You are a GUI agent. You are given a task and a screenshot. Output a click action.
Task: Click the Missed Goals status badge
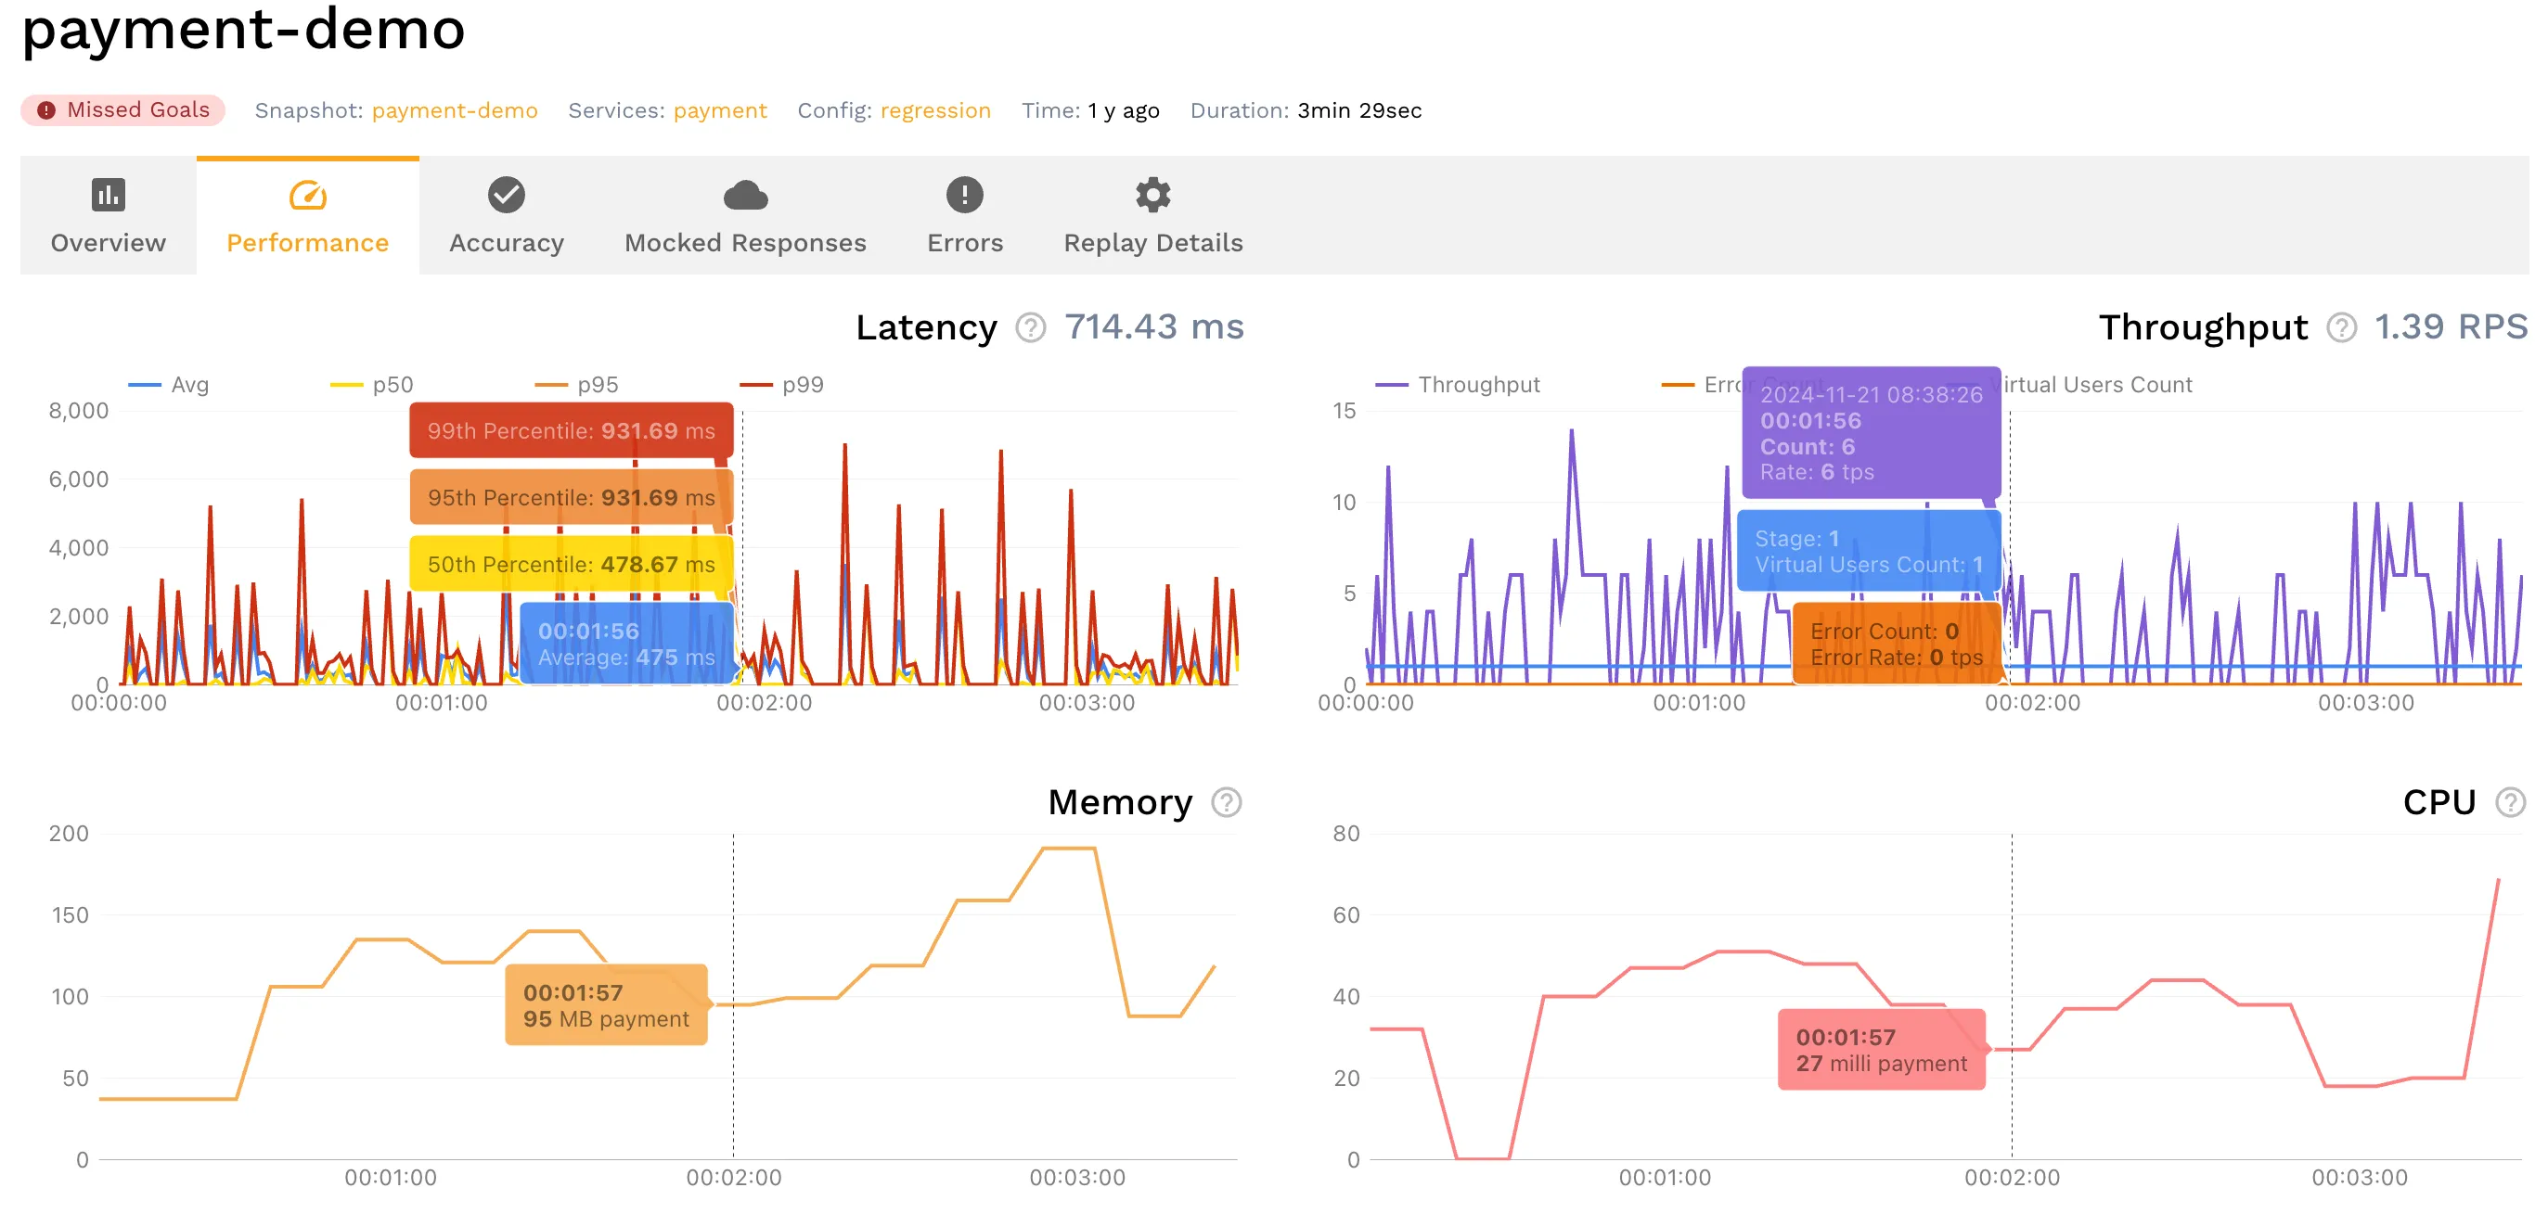(x=123, y=109)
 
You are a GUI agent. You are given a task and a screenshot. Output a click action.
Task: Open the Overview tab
(x=108, y=215)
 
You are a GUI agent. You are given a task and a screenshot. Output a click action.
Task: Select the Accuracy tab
(x=506, y=215)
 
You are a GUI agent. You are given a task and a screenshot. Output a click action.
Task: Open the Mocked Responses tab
(x=745, y=215)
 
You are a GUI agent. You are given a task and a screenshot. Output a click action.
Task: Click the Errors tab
(x=964, y=215)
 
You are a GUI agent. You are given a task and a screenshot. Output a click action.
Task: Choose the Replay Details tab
(x=1152, y=215)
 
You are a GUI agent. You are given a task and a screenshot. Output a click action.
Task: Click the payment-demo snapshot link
(x=454, y=110)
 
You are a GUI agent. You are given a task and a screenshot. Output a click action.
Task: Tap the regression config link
(x=934, y=110)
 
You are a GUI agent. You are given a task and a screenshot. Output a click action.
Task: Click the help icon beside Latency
(x=1030, y=327)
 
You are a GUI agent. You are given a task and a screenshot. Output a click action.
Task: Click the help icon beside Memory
(x=1226, y=802)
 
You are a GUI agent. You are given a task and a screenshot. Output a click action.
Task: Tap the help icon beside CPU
(x=2509, y=802)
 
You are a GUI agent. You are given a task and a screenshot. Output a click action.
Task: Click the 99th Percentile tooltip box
(x=571, y=431)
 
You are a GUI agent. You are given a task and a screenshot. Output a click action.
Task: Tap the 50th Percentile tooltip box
(x=571, y=565)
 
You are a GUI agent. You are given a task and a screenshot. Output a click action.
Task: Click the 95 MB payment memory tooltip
(x=605, y=1005)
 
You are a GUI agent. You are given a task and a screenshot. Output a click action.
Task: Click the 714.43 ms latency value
(x=1153, y=327)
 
